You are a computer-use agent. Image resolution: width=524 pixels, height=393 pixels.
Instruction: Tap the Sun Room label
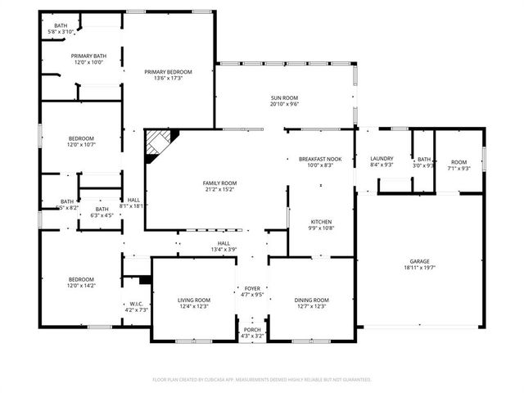pyautogui.click(x=284, y=98)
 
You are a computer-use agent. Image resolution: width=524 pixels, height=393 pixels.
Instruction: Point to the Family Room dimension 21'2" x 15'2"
pyautogui.click(x=219, y=190)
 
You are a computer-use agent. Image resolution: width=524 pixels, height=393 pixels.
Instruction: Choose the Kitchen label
pyautogui.click(x=320, y=222)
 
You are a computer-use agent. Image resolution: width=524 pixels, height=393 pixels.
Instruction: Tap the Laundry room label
pyautogui.click(x=382, y=159)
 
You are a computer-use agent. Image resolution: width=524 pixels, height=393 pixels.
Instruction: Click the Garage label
pyautogui.click(x=419, y=261)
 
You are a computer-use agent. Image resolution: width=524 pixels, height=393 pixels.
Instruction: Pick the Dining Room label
pyautogui.click(x=311, y=300)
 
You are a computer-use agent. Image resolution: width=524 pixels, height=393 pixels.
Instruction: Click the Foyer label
pyautogui.click(x=252, y=289)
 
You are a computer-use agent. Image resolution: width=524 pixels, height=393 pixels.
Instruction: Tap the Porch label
pyautogui.click(x=251, y=329)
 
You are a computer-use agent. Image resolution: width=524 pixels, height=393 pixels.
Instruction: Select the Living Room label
pyautogui.click(x=194, y=300)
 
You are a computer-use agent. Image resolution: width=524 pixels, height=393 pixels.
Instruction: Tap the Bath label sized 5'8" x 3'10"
pyautogui.click(x=61, y=25)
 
